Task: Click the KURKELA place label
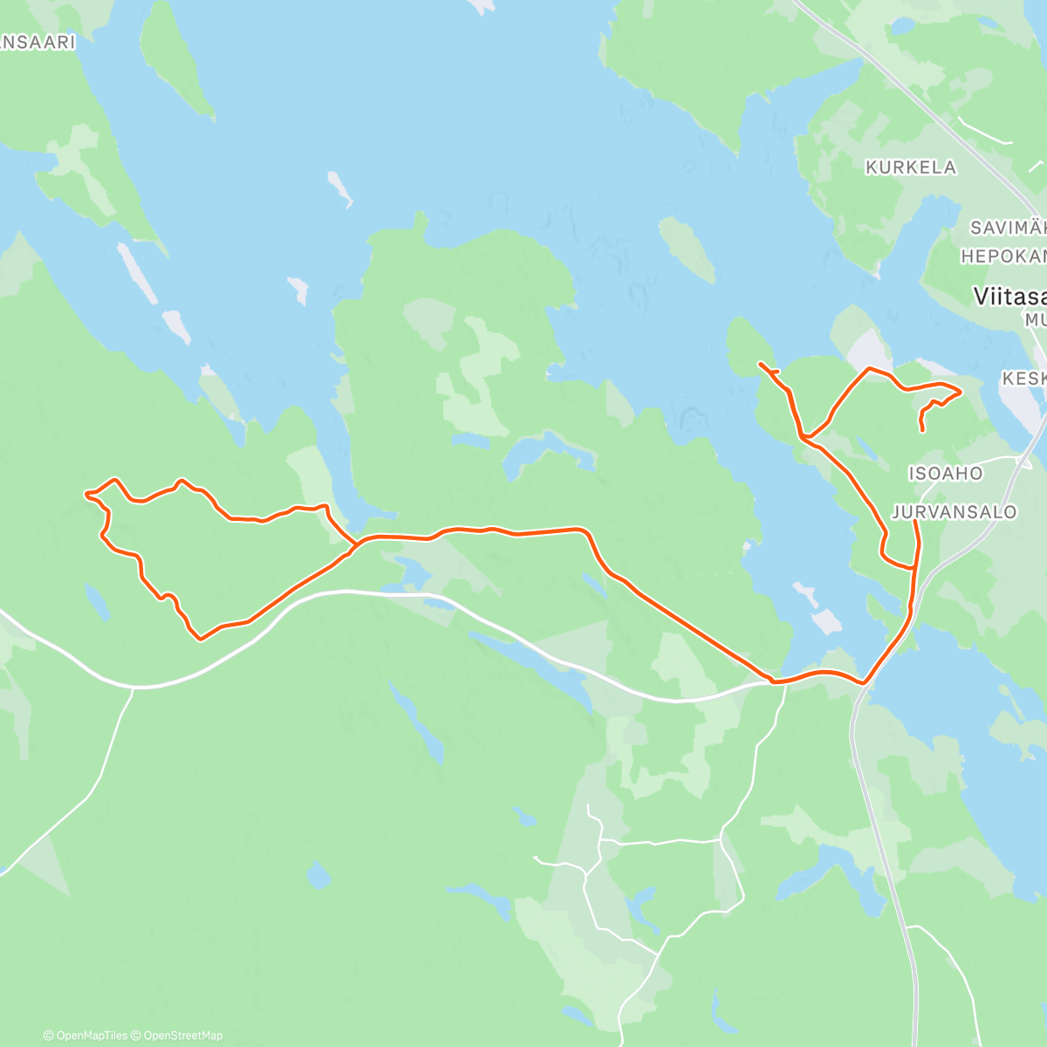point(910,168)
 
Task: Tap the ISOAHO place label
point(945,474)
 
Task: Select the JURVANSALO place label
point(955,512)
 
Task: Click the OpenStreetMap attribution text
point(182,1036)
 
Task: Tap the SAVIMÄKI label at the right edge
point(1008,229)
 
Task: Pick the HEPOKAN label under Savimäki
point(1003,257)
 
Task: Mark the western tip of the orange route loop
point(86,495)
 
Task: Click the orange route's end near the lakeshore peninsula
point(761,363)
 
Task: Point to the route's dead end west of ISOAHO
point(922,430)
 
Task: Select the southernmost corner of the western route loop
point(201,639)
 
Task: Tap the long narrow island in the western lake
point(138,272)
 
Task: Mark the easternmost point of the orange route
point(961,392)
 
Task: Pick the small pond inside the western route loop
point(97,603)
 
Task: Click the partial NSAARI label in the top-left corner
point(38,42)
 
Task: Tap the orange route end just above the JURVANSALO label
point(914,522)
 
